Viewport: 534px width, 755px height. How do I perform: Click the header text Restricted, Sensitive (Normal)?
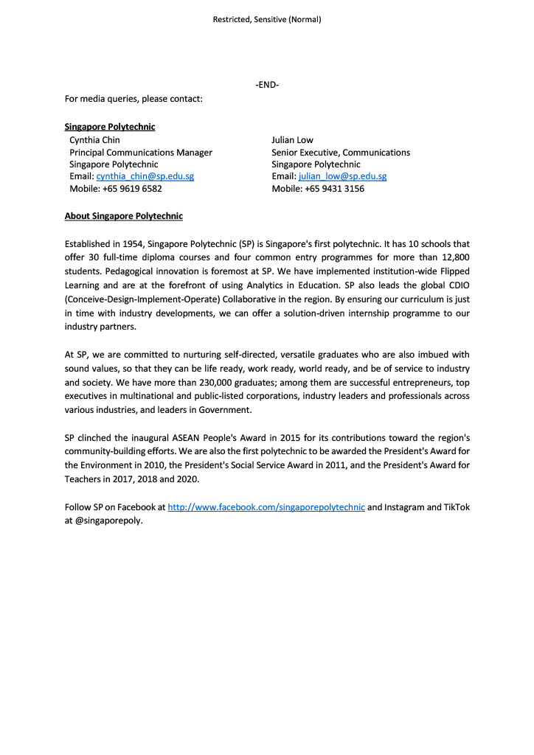267,20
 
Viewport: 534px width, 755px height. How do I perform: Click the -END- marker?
267,85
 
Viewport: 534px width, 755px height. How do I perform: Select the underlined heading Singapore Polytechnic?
110,127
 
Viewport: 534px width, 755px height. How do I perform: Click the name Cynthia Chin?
94,140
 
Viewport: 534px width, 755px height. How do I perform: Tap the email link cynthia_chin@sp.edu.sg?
145,177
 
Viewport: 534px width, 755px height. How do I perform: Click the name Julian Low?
292,140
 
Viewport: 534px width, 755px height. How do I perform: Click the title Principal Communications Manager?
141,153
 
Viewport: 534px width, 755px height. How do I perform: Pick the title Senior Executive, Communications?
341,153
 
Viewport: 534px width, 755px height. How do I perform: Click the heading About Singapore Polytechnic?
123,217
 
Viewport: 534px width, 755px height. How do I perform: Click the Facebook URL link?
266,507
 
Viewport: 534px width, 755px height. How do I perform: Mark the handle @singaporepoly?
108,520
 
